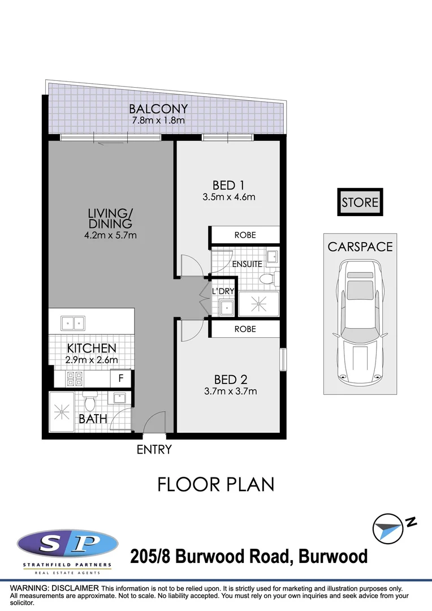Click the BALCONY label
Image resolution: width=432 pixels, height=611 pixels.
158,109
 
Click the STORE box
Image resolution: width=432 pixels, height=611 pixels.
360,202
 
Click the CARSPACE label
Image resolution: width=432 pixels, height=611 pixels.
360,247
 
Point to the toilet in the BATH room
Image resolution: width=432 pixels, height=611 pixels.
88,403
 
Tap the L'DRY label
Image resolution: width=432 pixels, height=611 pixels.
223,291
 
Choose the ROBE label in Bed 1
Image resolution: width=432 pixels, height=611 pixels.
245,235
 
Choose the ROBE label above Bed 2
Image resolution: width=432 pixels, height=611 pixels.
245,329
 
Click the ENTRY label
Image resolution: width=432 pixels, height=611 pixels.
154,450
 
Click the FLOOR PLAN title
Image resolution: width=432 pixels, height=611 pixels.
215,485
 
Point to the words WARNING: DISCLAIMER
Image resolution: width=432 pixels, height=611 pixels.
55,588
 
